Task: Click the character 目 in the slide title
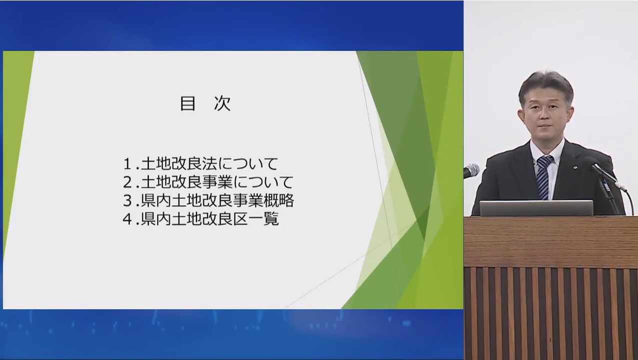tap(188, 103)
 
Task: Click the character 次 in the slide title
tap(222, 103)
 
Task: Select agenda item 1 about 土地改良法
tap(200, 164)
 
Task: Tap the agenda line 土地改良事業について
tap(208, 182)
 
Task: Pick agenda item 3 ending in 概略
tap(208, 200)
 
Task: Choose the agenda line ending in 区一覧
tap(200, 219)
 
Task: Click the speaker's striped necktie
tap(544, 177)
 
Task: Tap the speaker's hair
tap(546, 84)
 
